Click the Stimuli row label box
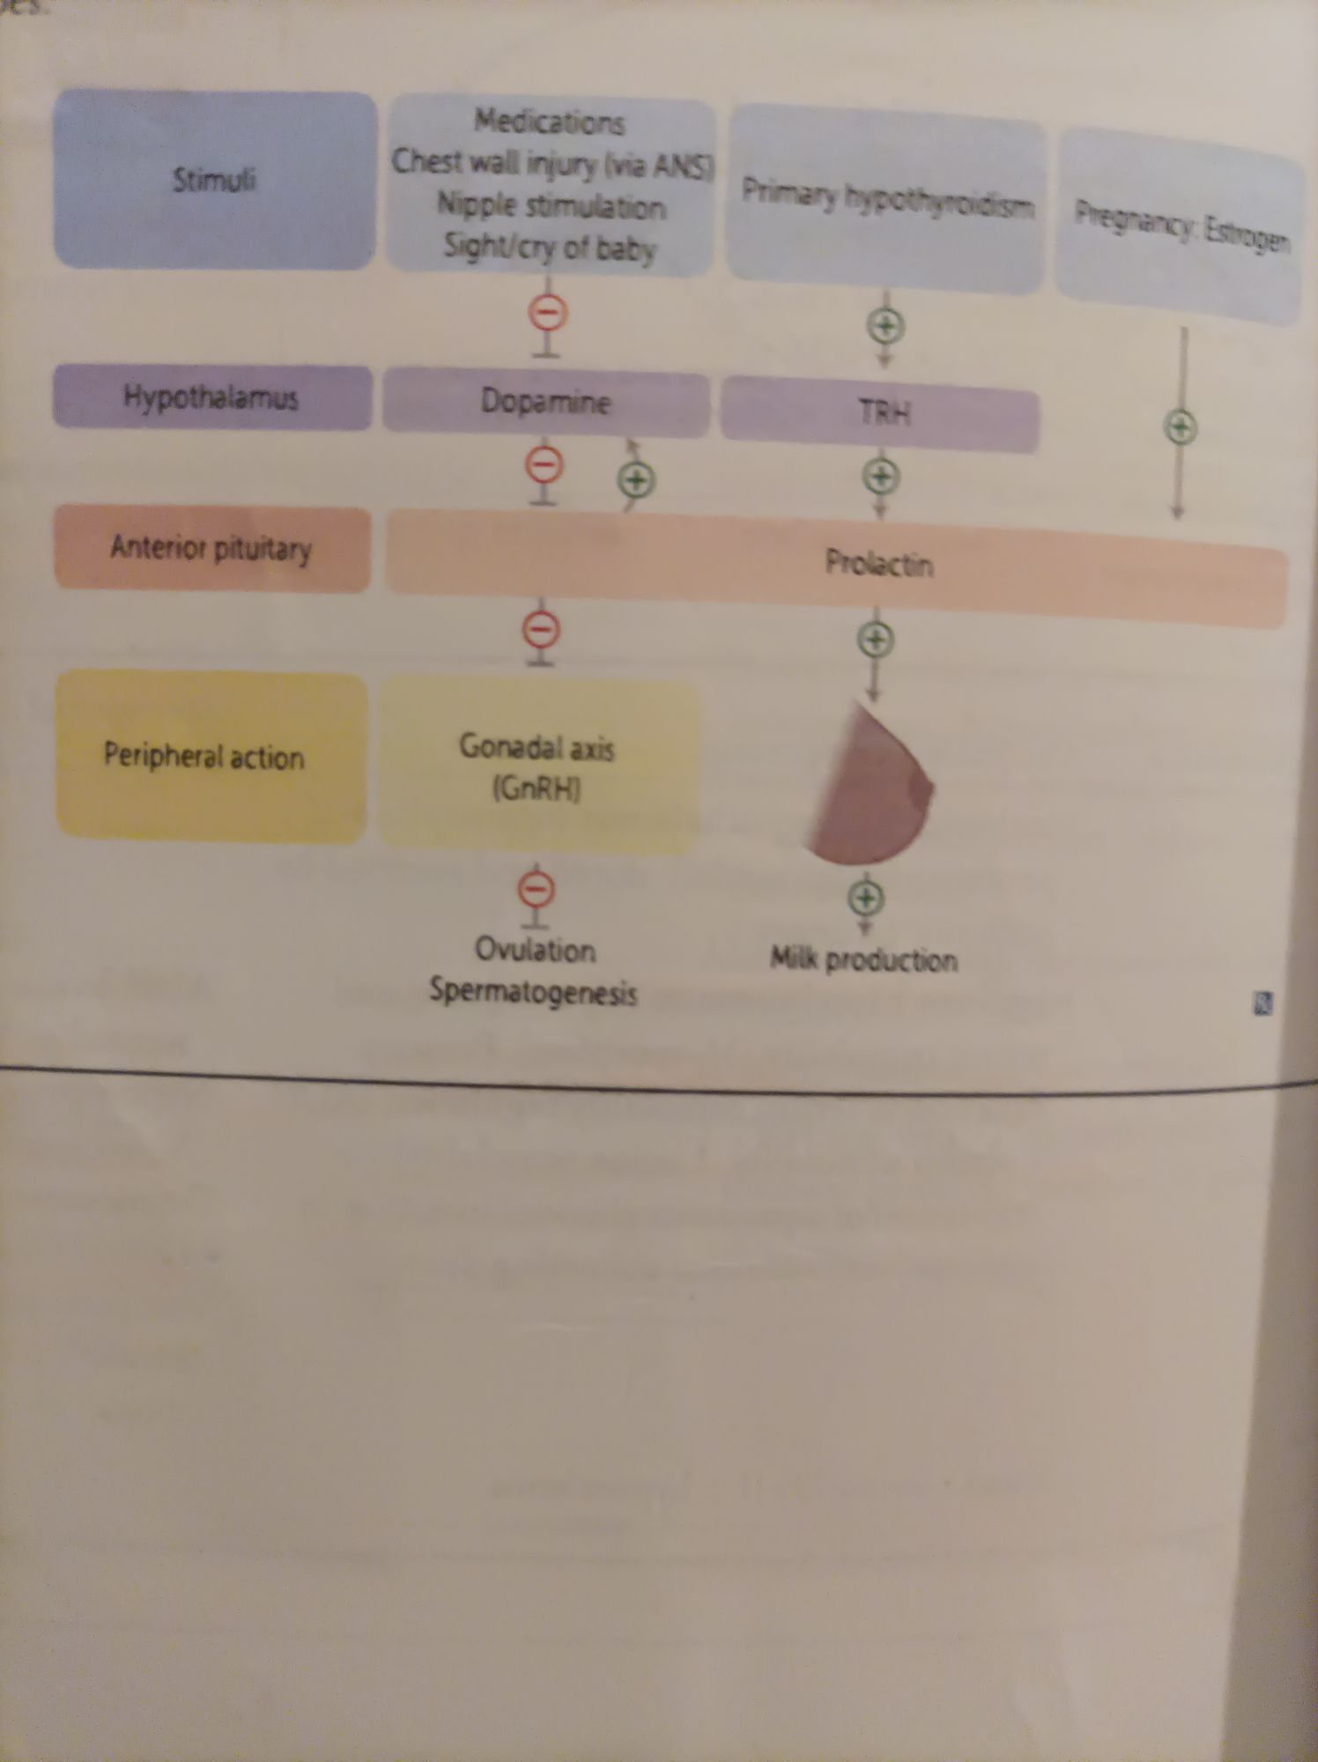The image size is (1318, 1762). (x=214, y=180)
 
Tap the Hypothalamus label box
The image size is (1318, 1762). (x=211, y=397)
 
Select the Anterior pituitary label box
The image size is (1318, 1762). (x=211, y=548)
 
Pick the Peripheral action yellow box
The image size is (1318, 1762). (x=210, y=756)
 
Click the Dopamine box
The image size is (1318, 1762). (x=545, y=403)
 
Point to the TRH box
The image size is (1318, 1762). (x=882, y=413)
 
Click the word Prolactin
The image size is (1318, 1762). (x=878, y=563)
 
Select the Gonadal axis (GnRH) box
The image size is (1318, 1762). (x=537, y=766)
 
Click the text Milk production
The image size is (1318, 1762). (x=863, y=959)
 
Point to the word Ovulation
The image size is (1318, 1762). (x=535, y=951)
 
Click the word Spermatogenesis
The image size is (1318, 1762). (x=533, y=992)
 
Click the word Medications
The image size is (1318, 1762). (x=550, y=122)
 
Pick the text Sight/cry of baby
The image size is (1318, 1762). (x=550, y=248)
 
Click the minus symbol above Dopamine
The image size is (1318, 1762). (x=547, y=313)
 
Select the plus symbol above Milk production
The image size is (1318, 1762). (x=866, y=898)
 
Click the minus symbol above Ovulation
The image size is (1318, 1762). (x=536, y=889)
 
